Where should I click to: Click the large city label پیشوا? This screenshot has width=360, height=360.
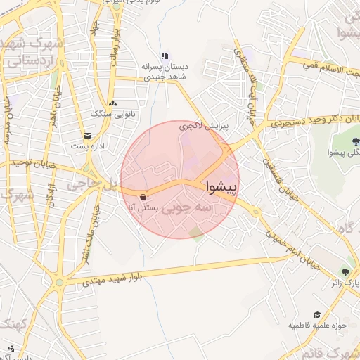pos(221,187)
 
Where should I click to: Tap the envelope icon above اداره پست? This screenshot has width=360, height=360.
pos(87,136)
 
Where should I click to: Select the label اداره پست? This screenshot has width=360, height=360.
pos(88,147)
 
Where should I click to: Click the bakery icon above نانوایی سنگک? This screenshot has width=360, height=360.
pos(112,103)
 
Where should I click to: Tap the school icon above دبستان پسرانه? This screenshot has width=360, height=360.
pos(165,56)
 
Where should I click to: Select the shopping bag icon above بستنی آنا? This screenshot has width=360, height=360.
pos(144,197)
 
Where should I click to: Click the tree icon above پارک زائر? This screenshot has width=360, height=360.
pos(345,271)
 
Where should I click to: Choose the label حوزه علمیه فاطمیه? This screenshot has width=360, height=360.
pos(316,326)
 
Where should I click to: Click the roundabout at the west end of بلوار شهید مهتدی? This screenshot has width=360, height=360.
pos(60,283)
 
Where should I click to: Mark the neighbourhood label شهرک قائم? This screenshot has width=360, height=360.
pos(333,354)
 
